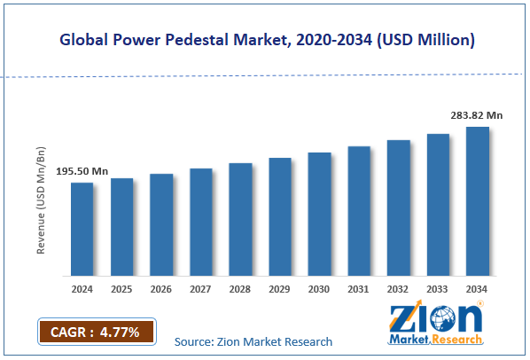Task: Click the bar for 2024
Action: click(82, 229)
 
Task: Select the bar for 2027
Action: click(201, 222)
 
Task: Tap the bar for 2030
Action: click(319, 214)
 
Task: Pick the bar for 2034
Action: click(478, 201)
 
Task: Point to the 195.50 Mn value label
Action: click(82, 170)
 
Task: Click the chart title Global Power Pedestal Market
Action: click(265, 39)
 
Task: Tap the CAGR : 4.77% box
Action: click(97, 333)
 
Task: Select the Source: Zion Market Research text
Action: click(253, 341)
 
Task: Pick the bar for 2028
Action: click(240, 219)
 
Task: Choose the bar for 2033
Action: click(439, 205)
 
